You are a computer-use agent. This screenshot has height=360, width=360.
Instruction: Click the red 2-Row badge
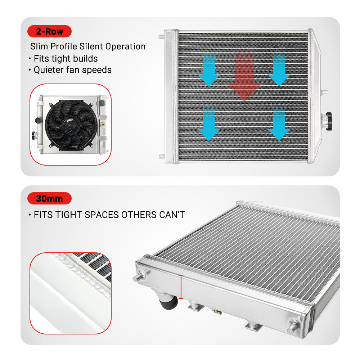pyautogui.click(x=49, y=32)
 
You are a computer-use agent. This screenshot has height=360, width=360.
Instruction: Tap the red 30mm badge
pyautogui.click(x=49, y=198)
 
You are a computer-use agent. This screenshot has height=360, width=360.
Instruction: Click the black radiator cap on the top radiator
pyautogui.click(x=329, y=117)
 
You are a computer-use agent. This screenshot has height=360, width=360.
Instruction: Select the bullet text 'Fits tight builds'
pyautogui.click(x=66, y=58)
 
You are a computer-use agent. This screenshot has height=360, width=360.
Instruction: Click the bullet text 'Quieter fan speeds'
pyautogui.click(x=72, y=69)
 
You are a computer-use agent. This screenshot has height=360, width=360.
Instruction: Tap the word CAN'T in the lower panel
pyautogui.click(x=172, y=215)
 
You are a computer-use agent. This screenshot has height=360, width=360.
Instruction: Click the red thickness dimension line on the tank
pyautogui.click(x=181, y=287)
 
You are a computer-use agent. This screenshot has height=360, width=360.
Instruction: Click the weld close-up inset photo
pyautogui.click(x=71, y=293)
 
